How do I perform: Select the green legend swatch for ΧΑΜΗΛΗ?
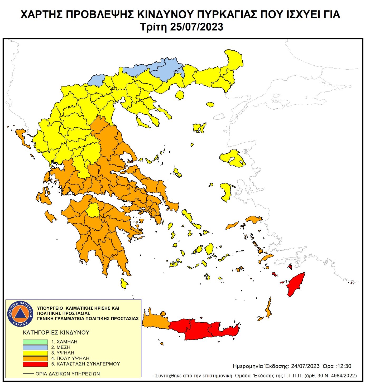coord(35,342)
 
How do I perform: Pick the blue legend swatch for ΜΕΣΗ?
coord(35,347)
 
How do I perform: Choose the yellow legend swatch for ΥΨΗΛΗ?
coord(35,353)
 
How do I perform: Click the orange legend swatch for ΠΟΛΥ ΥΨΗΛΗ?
coord(35,358)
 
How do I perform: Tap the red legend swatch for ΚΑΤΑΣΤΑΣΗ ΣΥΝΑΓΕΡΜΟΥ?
coord(35,364)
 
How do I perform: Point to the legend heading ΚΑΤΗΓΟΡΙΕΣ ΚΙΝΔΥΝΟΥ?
coord(56,333)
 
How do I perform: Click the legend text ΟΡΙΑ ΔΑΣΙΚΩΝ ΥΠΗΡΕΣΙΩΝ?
coord(68,374)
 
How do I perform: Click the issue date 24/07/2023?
coord(305,366)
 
